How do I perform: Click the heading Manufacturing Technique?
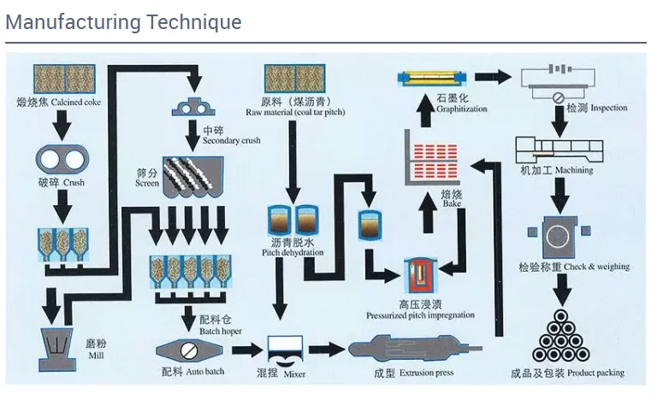123,21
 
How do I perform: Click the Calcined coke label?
64,103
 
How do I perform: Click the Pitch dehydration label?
293,248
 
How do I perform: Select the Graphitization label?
462,105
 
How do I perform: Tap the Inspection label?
596,109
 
